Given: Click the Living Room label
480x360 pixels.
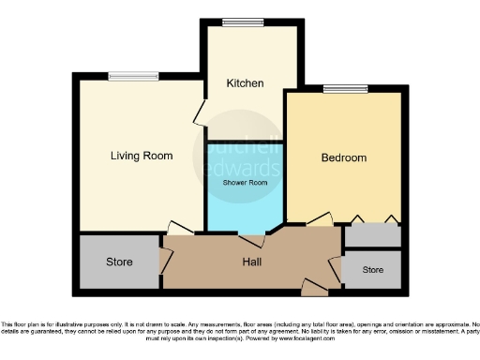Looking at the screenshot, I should [142, 156].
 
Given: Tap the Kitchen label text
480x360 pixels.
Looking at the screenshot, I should [245, 83].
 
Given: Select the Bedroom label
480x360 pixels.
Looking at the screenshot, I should [343, 157].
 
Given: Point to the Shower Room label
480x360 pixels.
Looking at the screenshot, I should [245, 183].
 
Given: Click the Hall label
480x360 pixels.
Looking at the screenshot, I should [252, 262].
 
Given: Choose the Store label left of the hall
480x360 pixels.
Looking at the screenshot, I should [119, 262].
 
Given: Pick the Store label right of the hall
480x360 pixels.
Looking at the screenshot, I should [373, 270].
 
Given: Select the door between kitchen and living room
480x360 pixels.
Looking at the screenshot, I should [199, 115].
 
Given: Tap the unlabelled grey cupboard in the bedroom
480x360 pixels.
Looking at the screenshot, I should [372, 235].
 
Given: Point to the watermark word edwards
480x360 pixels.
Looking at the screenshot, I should [241, 169].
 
